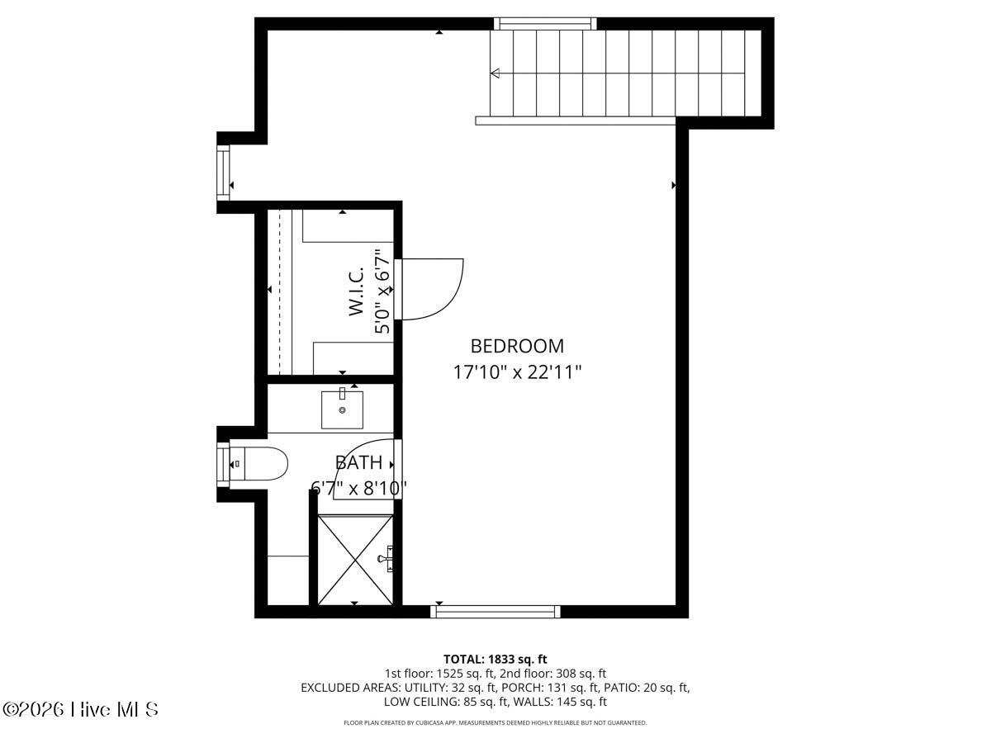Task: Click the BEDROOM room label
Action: (x=517, y=346)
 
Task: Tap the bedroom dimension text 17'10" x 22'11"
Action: (x=517, y=372)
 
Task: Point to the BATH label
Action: (x=358, y=462)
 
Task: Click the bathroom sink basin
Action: (x=342, y=409)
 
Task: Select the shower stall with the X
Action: (x=355, y=559)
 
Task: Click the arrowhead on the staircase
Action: (x=495, y=73)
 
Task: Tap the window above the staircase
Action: (x=545, y=23)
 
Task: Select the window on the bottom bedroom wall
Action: (x=495, y=611)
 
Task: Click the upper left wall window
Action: (x=223, y=173)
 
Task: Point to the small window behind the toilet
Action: (x=223, y=464)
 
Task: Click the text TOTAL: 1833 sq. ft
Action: (x=495, y=659)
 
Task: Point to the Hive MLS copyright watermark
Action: (x=80, y=709)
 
